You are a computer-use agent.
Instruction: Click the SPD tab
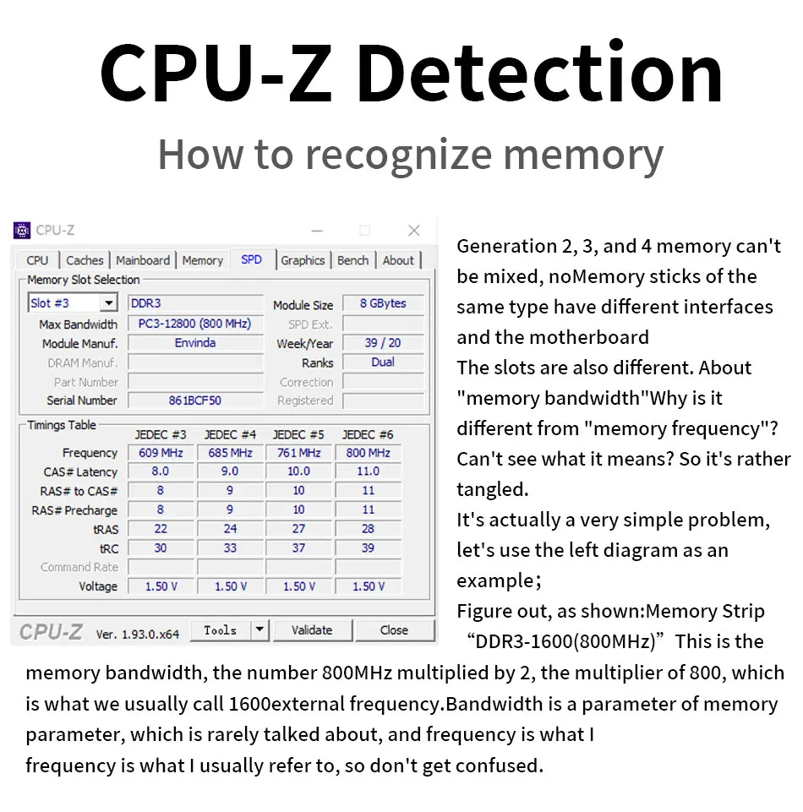click(251, 260)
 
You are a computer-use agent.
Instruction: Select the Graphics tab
click(303, 260)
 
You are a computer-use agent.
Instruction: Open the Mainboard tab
click(143, 260)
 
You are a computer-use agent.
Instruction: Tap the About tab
click(398, 260)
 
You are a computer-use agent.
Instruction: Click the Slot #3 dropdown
click(73, 303)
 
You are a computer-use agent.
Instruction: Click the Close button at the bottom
click(394, 630)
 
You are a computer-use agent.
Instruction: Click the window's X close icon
click(413, 231)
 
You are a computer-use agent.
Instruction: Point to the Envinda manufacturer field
click(195, 343)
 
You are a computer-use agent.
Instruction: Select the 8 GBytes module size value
click(383, 303)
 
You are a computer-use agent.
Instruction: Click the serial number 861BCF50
click(195, 401)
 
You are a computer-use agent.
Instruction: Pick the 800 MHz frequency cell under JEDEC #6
click(369, 453)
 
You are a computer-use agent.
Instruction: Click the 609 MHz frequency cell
click(161, 453)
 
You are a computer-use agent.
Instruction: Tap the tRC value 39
click(369, 548)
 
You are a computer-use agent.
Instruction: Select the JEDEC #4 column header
click(230, 434)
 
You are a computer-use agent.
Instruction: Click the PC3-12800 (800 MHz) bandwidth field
click(195, 324)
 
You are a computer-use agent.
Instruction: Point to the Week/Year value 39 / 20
click(383, 343)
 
